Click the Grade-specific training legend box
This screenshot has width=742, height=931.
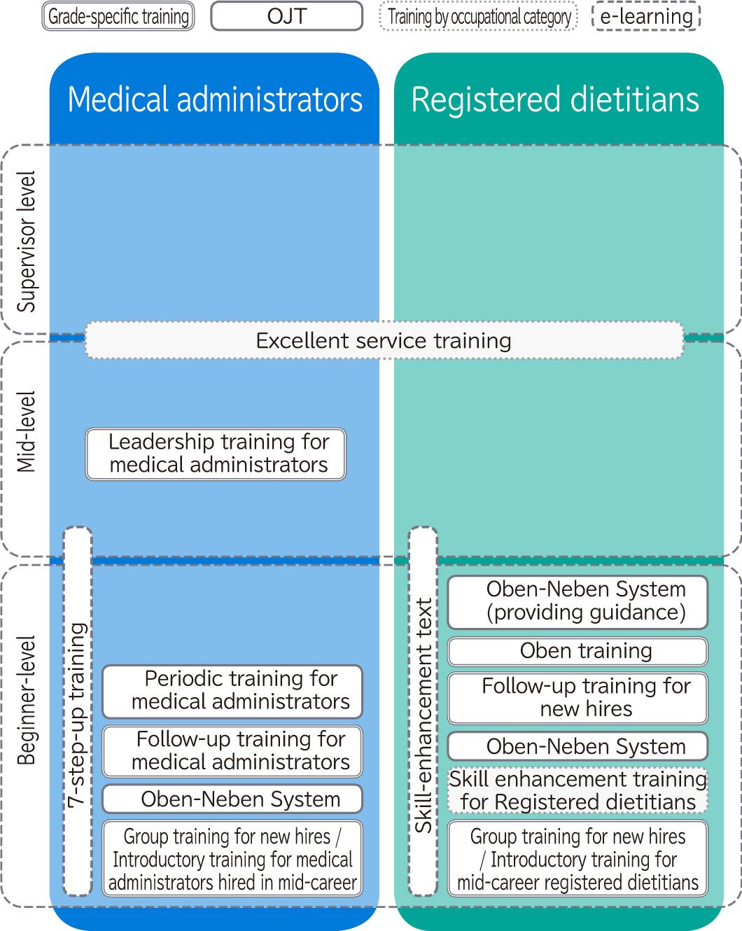118,16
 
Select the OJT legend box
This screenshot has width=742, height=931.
286,16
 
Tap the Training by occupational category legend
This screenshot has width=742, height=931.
479,16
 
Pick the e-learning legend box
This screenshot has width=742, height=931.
646,16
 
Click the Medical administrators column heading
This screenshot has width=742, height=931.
215,99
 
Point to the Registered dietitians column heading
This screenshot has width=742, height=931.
555,99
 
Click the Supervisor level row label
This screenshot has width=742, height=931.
26,241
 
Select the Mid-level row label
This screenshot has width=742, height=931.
26,431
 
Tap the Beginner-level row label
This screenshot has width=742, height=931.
26,700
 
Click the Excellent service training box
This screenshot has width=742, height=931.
384,340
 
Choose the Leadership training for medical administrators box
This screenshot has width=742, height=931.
216,454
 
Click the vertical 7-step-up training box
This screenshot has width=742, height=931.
78,711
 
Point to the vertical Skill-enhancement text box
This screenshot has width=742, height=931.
423,711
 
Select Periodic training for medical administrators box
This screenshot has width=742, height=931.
232,692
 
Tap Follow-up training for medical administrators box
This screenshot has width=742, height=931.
232,752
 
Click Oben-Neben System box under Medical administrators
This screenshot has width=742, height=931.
232,799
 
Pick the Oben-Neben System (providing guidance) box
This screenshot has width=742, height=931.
577,602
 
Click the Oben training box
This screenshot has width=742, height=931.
577,651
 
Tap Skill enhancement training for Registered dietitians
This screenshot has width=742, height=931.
577,791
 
